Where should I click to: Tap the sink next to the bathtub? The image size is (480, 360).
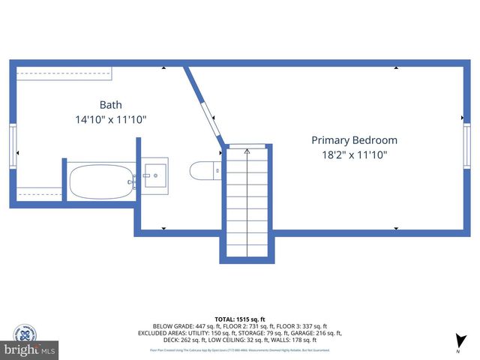tap(155, 177)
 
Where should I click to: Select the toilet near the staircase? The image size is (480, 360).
tap(203, 171)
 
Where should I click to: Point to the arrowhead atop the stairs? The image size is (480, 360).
tap(247, 150)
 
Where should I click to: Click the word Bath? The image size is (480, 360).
tap(110, 105)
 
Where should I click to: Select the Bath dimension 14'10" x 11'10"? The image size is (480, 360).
tap(110, 119)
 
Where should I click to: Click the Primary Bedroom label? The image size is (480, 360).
tap(354, 140)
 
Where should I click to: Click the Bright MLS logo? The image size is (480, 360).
tap(30, 349)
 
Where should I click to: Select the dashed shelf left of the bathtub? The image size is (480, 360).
tap(39, 193)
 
